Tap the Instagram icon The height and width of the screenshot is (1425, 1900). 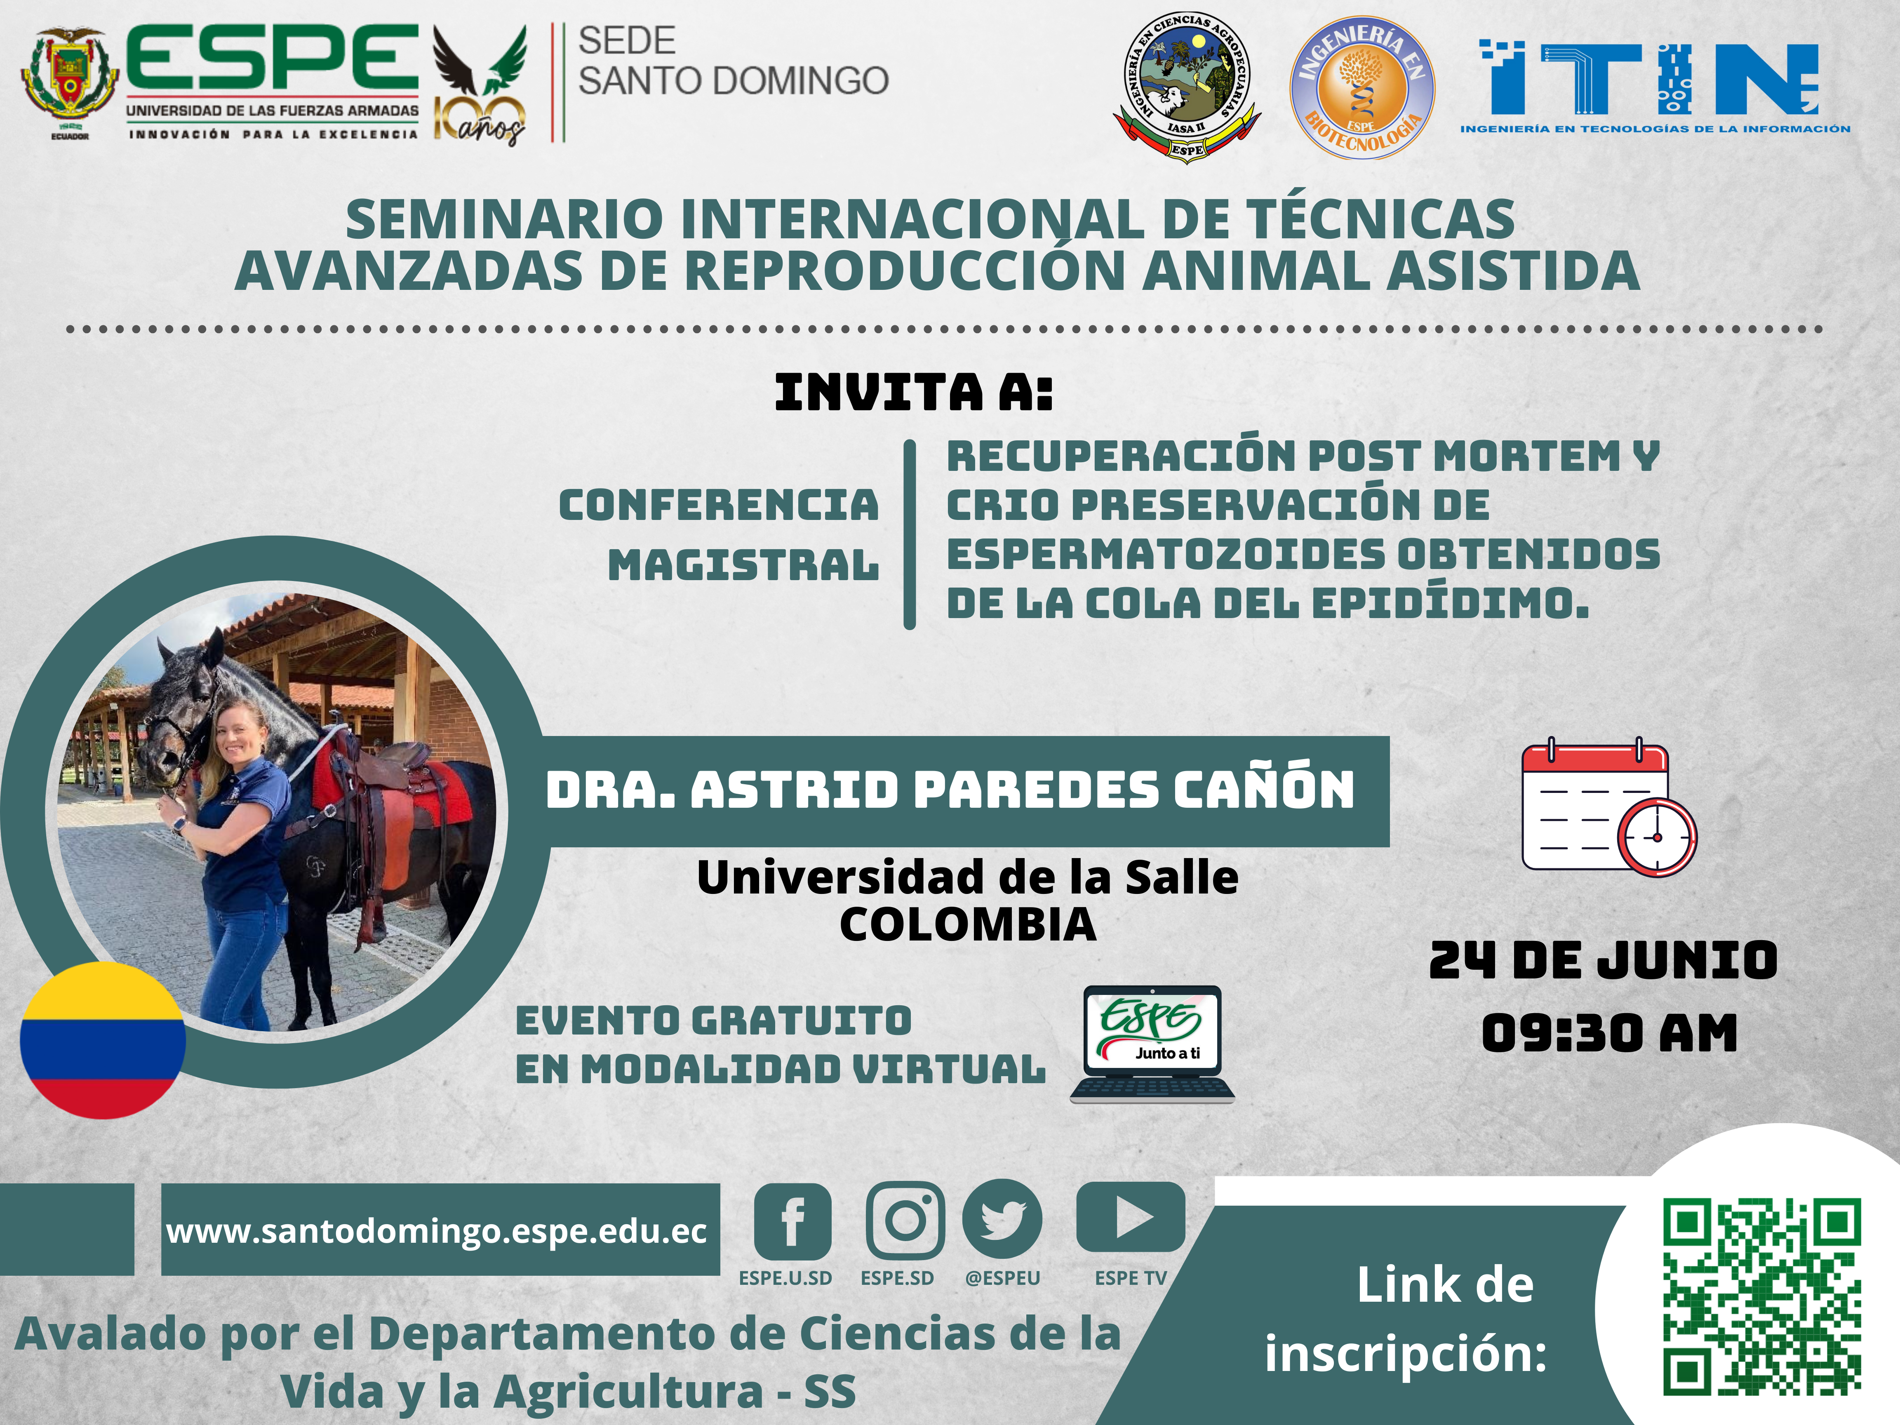click(905, 1220)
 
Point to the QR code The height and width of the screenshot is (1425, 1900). click(1762, 1297)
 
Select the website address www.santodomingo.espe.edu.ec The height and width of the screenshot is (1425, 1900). click(436, 1231)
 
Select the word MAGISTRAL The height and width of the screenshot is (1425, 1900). click(743, 565)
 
